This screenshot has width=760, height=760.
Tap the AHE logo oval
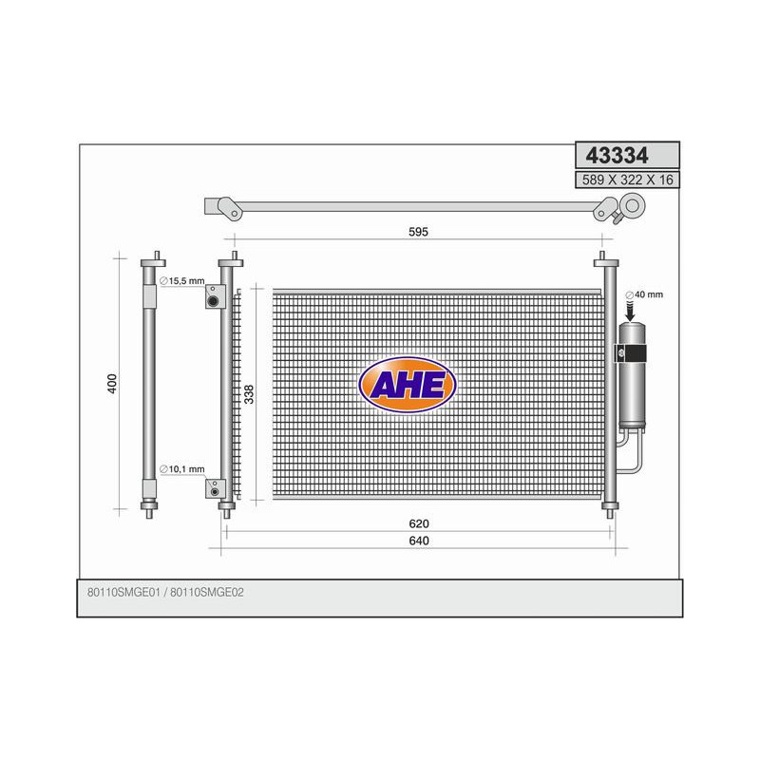pos(408,385)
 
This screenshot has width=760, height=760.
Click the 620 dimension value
pos(419,524)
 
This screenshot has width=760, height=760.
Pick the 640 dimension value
pos(419,541)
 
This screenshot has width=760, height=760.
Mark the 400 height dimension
pos(113,384)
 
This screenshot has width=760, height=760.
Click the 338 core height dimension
pos(250,394)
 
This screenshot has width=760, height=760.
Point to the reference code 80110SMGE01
pos(123,592)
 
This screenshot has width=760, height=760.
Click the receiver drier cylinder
pos(633,375)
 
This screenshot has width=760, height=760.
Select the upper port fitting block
pos(214,301)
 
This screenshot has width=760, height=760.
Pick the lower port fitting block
pos(214,488)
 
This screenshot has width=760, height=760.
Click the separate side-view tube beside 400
pos(152,384)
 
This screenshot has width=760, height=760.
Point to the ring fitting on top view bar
pos(632,203)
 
